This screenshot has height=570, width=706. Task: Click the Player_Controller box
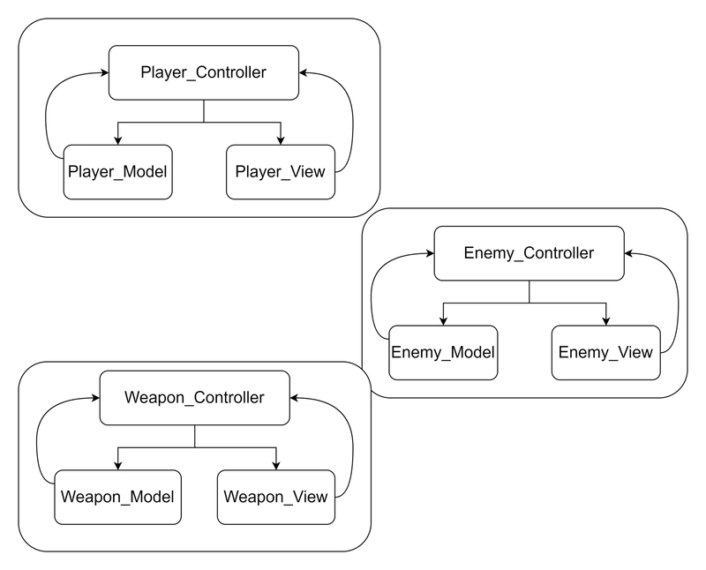[x=204, y=72]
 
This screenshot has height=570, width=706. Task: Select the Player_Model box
[x=118, y=172]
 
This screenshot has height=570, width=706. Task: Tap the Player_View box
[x=281, y=172]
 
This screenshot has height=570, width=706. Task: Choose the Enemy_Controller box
[x=529, y=253]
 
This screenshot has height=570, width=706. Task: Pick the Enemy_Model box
[x=444, y=353]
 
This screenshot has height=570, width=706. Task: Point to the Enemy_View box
[x=606, y=353]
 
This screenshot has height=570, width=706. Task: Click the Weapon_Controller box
[x=194, y=398]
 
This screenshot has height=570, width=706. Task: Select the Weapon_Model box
[x=118, y=497]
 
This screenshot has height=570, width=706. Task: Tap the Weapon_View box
[x=276, y=497]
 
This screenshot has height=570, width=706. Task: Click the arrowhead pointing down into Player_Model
[x=118, y=140]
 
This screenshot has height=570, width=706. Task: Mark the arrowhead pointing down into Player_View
[x=281, y=140]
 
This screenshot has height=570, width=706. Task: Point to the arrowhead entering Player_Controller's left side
[x=104, y=72]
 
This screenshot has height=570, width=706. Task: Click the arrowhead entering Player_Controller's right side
[x=304, y=72]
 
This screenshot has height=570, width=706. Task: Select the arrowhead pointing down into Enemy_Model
[x=444, y=320]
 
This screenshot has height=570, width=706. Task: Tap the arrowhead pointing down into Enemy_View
[x=606, y=320]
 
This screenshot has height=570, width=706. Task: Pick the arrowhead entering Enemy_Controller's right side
[x=629, y=253]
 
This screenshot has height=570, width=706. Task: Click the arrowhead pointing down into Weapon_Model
[x=118, y=465]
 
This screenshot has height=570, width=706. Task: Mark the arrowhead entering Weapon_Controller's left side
[x=95, y=398]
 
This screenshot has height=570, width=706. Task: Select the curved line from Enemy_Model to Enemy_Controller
[x=372, y=297]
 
